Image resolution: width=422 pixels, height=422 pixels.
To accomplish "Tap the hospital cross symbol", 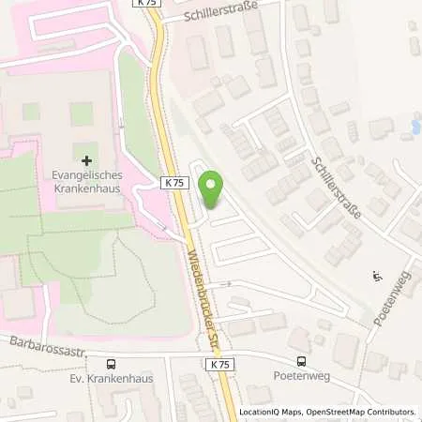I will [87, 161].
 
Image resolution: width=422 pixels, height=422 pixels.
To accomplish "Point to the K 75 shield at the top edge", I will [148, 4].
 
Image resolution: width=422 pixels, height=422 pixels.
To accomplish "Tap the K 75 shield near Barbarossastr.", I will [219, 364].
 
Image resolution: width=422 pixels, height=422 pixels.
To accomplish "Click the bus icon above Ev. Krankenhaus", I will [113, 364].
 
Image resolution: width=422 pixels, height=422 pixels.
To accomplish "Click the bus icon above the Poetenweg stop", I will [302, 362].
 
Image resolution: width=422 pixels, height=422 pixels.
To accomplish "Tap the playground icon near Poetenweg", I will [377, 277].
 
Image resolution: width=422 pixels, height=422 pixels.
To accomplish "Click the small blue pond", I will [414, 126].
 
